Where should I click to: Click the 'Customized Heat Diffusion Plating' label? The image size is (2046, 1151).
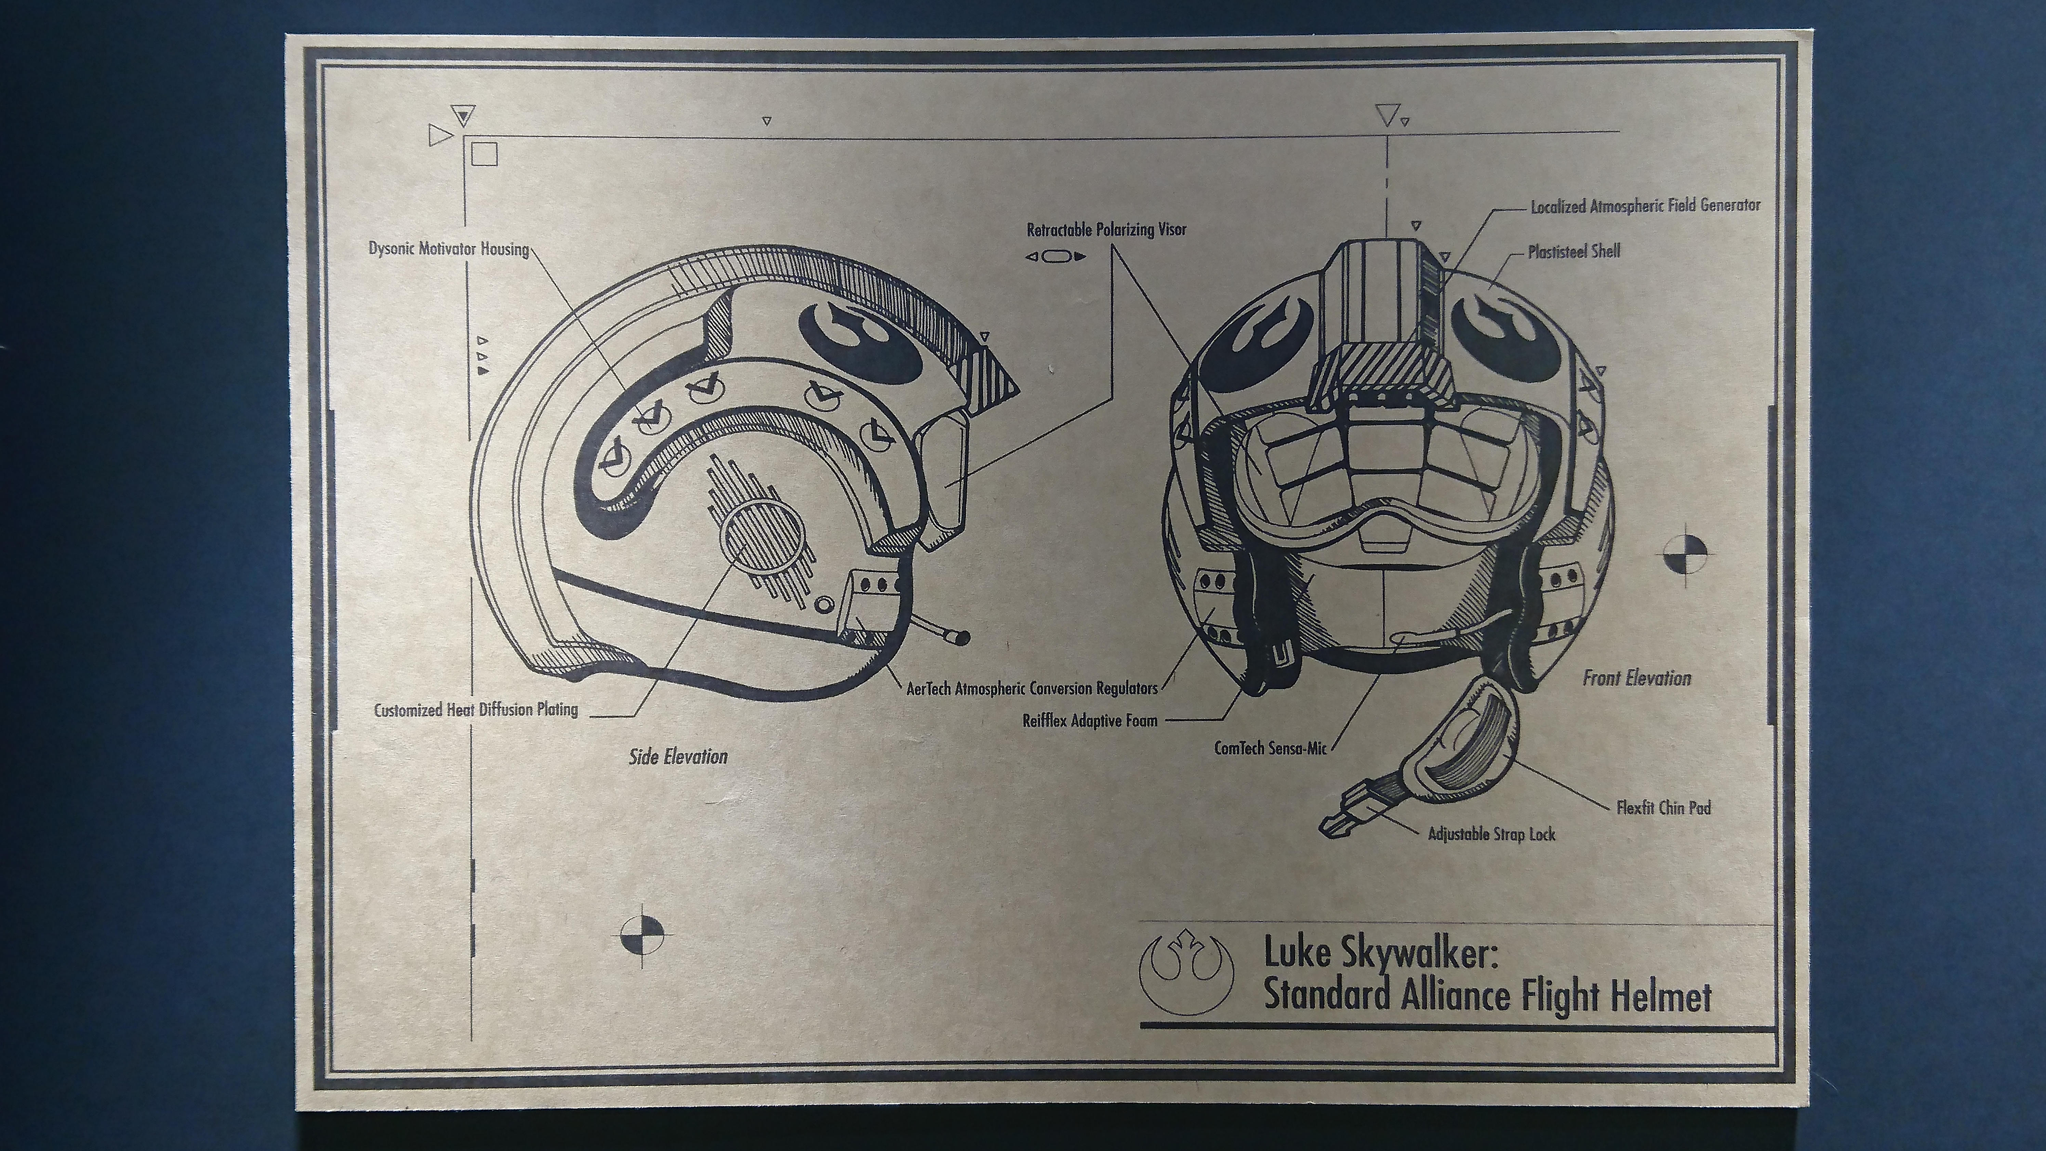click(x=476, y=709)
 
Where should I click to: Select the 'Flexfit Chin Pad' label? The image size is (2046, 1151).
click(x=1663, y=808)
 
